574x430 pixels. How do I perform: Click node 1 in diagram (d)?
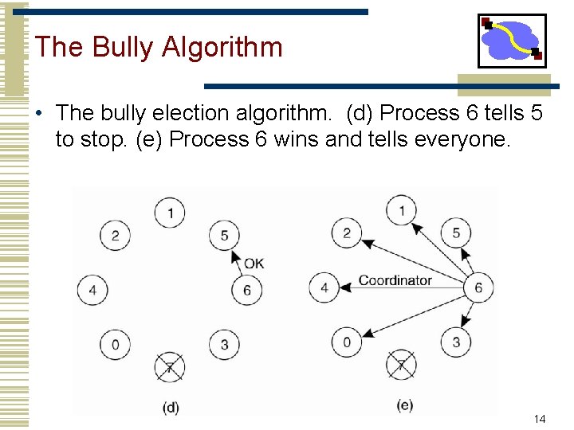[x=170, y=213]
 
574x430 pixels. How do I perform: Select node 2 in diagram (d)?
[x=115, y=235]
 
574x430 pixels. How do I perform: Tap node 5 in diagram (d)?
[x=224, y=235]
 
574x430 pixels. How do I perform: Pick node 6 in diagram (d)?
[x=246, y=290]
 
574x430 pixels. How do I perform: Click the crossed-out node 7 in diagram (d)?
[x=170, y=367]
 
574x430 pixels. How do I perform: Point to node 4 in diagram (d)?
[x=92, y=290]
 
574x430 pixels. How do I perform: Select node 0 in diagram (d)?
[x=115, y=345]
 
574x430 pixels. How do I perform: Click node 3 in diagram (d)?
[x=224, y=345]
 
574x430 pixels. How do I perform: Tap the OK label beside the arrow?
[x=254, y=264]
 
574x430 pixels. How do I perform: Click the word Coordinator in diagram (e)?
[x=395, y=280]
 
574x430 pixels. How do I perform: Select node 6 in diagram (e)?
[x=478, y=287]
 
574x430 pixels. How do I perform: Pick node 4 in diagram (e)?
[x=324, y=287]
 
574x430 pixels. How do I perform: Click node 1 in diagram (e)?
[x=402, y=210]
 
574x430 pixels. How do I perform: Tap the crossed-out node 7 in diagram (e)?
[x=401, y=365]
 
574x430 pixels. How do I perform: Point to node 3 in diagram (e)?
[x=456, y=342]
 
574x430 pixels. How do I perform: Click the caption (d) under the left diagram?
[x=171, y=407]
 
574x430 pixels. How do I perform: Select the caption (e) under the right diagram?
[x=404, y=405]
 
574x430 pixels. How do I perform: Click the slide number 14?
[x=540, y=419]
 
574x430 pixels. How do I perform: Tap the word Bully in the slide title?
[x=124, y=47]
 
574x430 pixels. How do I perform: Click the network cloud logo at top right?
[x=512, y=40]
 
